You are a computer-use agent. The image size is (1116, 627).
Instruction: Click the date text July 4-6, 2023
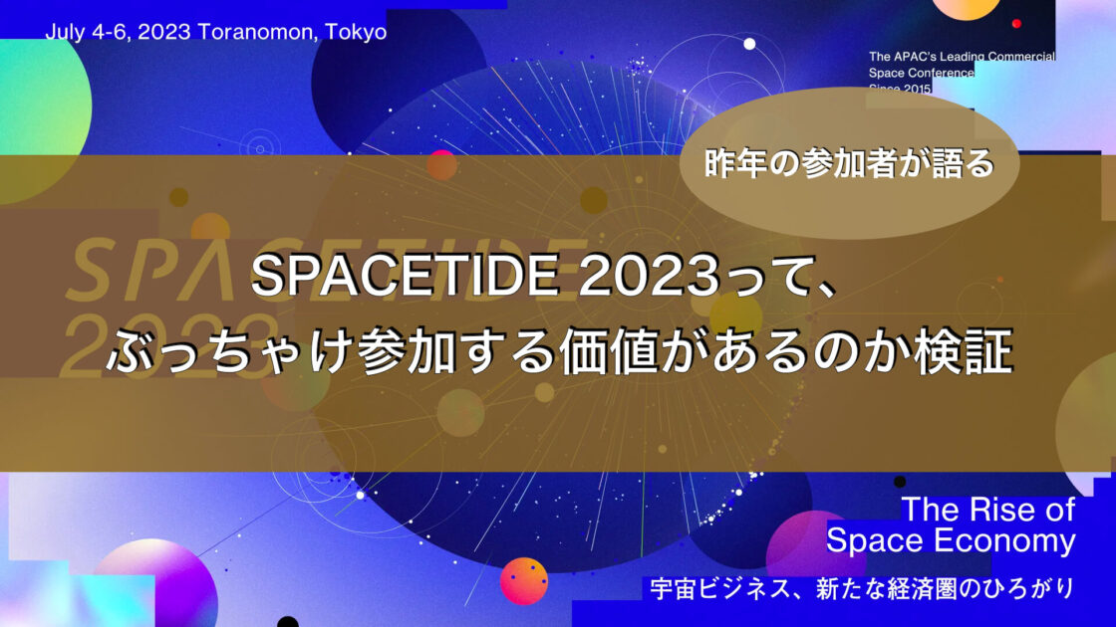[118, 31]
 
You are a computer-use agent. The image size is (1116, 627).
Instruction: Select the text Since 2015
[900, 90]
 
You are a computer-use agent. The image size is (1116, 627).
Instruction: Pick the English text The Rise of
[987, 510]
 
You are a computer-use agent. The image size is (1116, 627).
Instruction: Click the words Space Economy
[951, 541]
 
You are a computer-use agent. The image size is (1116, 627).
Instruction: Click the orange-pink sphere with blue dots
[523, 581]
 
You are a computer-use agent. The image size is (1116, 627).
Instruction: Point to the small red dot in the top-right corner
[1017, 22]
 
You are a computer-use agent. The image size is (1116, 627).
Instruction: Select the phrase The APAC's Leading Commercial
[962, 58]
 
